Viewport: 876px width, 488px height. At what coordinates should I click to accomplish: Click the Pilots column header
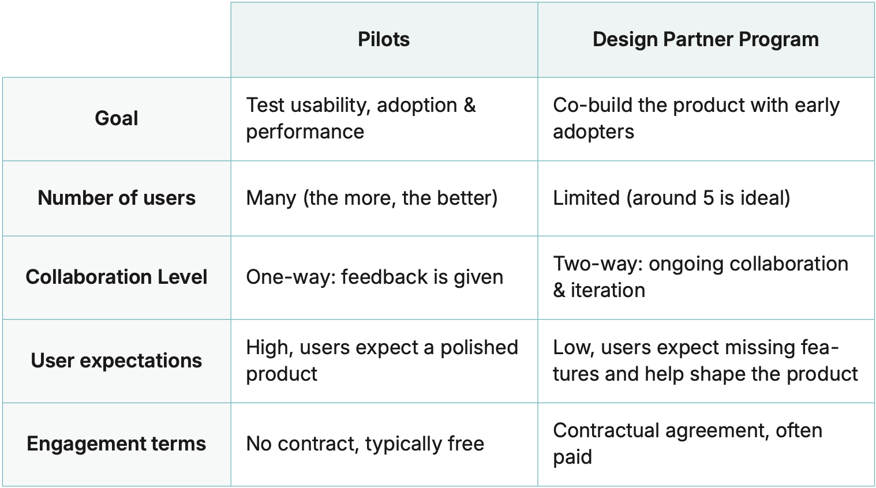point(384,40)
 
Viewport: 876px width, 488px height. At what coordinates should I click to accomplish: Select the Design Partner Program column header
point(705,40)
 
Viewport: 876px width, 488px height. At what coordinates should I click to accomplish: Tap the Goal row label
point(117,119)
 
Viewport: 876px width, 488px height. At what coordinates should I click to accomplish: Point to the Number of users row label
point(117,198)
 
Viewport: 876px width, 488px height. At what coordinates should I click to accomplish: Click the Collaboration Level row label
point(117,277)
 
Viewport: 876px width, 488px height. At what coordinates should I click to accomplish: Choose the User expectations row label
point(117,361)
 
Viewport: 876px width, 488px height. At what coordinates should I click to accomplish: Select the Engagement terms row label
point(117,444)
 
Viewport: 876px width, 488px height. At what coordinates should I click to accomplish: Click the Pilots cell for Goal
point(361,118)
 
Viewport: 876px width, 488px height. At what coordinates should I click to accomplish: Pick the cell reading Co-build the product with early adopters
point(696,118)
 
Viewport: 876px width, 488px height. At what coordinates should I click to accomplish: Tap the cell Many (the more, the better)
point(372,198)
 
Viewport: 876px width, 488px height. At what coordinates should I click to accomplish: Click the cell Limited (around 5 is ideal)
point(671,198)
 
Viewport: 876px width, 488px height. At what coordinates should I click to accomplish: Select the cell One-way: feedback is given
point(375,277)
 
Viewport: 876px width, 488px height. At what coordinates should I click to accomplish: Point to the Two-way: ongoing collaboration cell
point(700,277)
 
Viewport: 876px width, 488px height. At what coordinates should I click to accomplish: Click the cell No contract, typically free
point(365,444)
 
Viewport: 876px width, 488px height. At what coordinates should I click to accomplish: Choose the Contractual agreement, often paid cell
point(687,443)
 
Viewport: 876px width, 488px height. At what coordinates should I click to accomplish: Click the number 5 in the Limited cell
point(708,198)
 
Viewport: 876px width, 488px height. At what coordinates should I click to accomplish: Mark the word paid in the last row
point(572,457)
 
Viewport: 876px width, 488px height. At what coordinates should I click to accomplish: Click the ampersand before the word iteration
point(559,290)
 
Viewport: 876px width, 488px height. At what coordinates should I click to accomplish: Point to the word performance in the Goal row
point(305,132)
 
